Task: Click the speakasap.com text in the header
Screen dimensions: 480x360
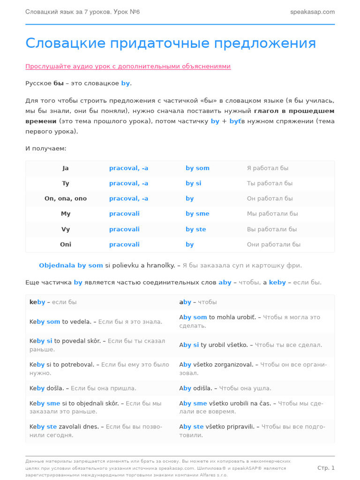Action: click(312, 12)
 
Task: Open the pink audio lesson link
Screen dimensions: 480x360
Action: click(128, 67)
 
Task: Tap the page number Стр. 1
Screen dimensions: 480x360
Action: click(326, 468)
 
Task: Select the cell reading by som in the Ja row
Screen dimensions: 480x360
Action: click(197, 168)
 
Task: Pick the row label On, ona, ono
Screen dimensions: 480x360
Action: click(66, 199)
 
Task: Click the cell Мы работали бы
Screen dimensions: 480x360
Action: click(272, 214)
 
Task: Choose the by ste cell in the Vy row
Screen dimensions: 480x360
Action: click(195, 229)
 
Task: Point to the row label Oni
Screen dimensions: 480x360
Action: click(66, 245)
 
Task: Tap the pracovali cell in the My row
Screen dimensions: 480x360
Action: click(124, 214)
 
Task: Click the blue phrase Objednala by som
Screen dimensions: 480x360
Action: click(71, 266)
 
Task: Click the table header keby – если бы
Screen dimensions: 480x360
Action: click(53, 302)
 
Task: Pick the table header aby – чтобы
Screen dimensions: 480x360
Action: click(198, 302)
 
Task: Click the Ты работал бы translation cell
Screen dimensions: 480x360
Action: click(270, 183)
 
